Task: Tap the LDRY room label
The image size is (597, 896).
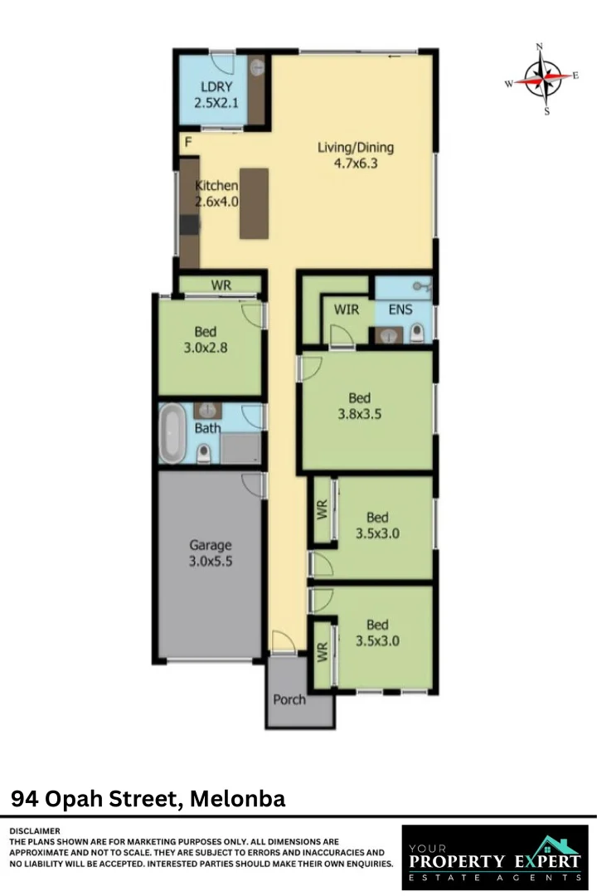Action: (x=215, y=95)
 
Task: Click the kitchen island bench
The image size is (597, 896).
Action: (x=254, y=203)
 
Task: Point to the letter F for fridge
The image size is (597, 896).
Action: (x=188, y=142)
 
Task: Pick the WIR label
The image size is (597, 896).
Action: (x=346, y=309)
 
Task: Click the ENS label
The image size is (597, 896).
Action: (x=400, y=309)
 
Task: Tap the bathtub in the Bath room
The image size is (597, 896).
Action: (x=173, y=434)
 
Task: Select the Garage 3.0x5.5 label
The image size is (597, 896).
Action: (x=211, y=553)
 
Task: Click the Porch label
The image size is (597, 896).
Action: (x=289, y=699)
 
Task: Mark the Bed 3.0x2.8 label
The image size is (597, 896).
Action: (x=206, y=340)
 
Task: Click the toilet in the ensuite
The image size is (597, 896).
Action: (x=417, y=334)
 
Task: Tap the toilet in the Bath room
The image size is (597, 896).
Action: (x=203, y=453)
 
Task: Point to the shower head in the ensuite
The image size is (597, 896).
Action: (x=424, y=288)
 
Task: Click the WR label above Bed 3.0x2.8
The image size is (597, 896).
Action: (x=221, y=285)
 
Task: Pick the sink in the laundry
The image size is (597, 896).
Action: (x=256, y=68)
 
